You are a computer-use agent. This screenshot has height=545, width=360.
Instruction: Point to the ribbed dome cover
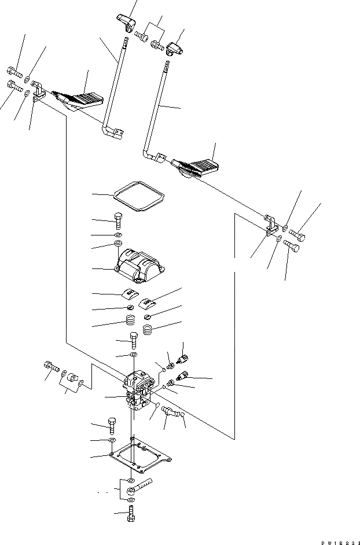(x=139, y=263)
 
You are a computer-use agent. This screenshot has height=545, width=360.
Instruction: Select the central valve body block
(x=139, y=390)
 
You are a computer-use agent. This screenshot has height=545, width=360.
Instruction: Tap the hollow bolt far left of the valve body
(x=50, y=366)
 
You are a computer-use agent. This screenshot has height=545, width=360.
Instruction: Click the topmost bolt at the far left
(x=14, y=72)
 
